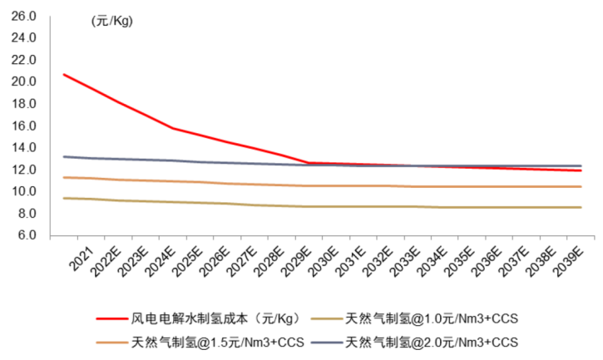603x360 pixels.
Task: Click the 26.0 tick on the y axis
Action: click(25, 16)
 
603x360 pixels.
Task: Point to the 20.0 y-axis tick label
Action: click(25, 81)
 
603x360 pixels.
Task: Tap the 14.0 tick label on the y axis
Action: click(25, 147)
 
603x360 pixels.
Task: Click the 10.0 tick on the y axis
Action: click(25, 191)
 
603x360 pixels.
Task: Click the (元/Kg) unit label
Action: click(111, 22)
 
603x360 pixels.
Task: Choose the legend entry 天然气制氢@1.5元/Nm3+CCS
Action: click(218, 342)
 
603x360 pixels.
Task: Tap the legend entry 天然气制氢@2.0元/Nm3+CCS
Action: click(432, 342)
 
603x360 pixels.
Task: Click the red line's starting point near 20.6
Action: click(64, 75)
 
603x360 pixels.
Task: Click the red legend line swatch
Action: click(111, 318)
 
